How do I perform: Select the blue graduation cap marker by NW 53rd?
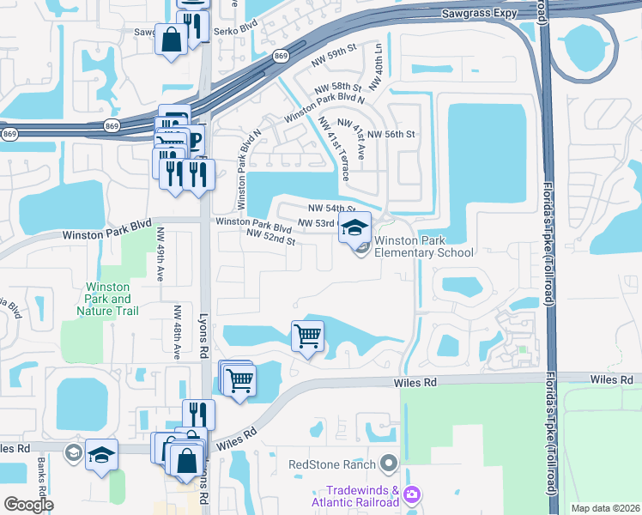tap(354, 227)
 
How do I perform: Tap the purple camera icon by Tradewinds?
tap(412, 494)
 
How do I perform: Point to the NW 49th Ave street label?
tap(160, 253)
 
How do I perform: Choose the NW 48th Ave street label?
tap(177, 331)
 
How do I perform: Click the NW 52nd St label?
tap(270, 237)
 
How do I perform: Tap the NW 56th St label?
tap(388, 135)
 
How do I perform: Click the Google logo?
tap(28, 505)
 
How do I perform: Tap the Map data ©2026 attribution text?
tap(604, 508)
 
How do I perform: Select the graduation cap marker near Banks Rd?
tap(102, 455)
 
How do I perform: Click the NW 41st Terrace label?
tap(334, 148)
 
